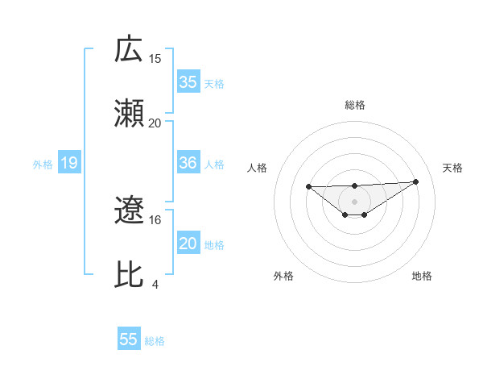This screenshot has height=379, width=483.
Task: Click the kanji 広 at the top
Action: (130, 49)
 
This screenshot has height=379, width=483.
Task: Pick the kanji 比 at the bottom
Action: (130, 273)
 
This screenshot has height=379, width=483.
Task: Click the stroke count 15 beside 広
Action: (155, 60)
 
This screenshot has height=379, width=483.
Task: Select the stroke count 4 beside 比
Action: (155, 284)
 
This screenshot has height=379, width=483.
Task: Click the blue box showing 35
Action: (188, 82)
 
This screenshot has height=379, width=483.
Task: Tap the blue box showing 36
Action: (188, 163)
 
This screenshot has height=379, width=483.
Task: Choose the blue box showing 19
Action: (69, 164)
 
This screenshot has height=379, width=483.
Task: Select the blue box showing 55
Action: (129, 339)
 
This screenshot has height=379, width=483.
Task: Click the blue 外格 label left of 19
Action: (43, 165)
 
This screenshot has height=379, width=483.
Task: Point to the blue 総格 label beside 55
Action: (155, 341)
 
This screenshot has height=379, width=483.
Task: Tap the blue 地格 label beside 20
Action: (214, 244)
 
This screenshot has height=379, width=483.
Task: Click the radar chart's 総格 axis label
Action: (355, 105)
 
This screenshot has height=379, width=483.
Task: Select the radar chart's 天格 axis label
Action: (453, 168)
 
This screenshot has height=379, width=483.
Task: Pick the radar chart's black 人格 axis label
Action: (258, 168)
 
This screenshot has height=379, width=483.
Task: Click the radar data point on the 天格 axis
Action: (415, 181)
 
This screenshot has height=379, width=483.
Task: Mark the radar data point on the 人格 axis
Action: (309, 186)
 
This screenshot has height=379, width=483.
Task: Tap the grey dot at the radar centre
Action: (354, 201)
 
